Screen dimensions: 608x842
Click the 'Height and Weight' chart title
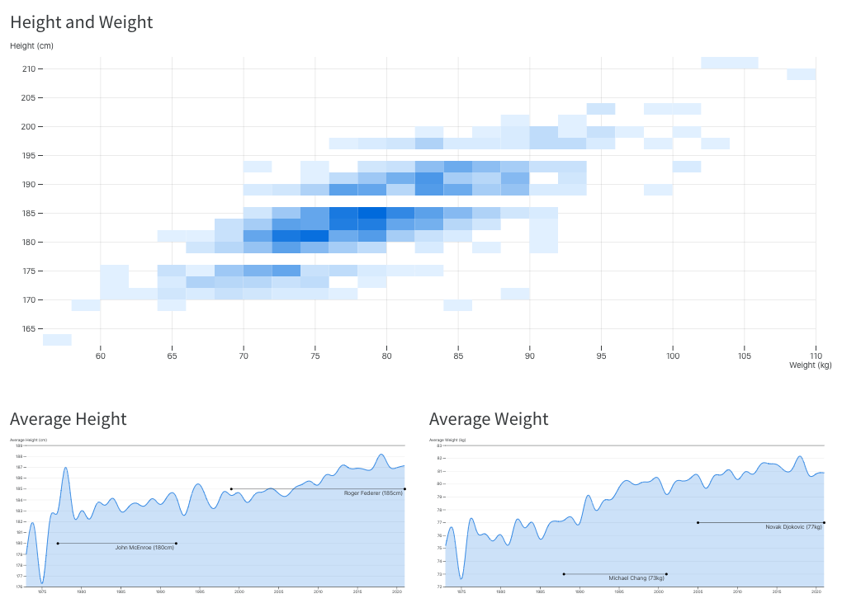coord(81,22)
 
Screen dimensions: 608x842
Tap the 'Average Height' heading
coord(68,419)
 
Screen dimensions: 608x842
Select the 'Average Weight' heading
coord(489,419)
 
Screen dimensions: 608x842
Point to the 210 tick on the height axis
coord(28,69)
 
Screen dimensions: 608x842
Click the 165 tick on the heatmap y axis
coord(28,329)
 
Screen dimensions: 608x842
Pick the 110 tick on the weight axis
coord(816,356)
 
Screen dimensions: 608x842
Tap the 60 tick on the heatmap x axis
coord(100,356)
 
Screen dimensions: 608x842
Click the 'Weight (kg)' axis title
coord(810,365)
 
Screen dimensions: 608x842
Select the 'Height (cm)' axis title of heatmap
coord(31,46)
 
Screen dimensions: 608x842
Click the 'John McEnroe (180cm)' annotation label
coord(144,548)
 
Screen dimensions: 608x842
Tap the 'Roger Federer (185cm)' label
coord(373,493)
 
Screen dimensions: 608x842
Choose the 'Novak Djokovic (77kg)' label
coord(793,527)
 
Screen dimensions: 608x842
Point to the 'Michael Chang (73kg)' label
coord(636,578)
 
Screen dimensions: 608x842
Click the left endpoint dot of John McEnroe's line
coord(58,544)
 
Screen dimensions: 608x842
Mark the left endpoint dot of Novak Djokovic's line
coord(698,522)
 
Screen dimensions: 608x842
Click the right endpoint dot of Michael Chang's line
coord(666,574)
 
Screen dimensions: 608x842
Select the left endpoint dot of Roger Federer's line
coord(231,488)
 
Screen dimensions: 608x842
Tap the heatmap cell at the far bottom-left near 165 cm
coord(57,340)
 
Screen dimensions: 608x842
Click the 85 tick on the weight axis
coord(458,356)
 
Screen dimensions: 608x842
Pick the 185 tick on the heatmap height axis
coord(28,214)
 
